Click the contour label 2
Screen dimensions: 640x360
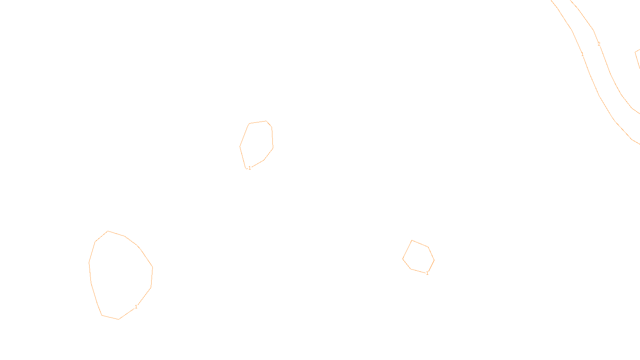(x=599, y=44)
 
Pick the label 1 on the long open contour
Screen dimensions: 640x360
(x=582, y=54)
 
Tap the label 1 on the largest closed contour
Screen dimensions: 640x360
(x=136, y=307)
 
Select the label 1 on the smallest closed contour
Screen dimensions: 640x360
(x=427, y=273)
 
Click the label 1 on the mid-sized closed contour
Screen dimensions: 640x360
(x=250, y=168)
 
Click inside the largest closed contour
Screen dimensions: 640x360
(x=120, y=276)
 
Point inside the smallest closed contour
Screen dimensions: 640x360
(x=418, y=257)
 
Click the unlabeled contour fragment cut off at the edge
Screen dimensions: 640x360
(x=638, y=60)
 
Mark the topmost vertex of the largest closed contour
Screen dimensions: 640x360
(x=108, y=231)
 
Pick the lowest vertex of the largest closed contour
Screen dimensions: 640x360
(x=118, y=319)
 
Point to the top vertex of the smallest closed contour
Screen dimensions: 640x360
(x=412, y=240)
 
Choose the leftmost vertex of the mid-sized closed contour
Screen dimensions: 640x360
(x=240, y=146)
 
